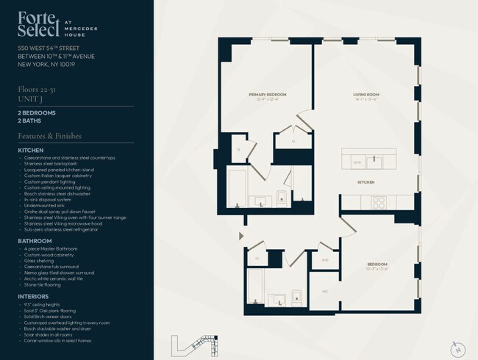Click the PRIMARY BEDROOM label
[267, 95]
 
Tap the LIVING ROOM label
[365, 95]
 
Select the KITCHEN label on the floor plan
[366, 181]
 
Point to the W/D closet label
[324, 259]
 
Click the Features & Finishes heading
[49, 136]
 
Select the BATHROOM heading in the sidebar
[35, 240]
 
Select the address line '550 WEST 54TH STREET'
[50, 48]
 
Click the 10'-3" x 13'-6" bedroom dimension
[378, 268]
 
